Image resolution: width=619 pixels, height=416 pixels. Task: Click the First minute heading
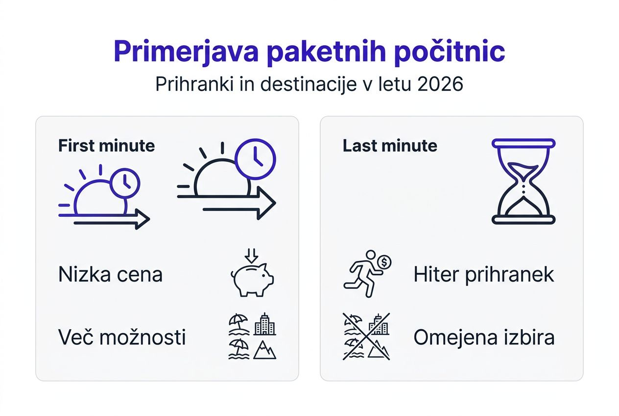tap(106, 146)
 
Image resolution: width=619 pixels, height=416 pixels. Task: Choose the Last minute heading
tap(390, 146)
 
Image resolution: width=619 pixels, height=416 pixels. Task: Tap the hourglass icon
tap(524, 181)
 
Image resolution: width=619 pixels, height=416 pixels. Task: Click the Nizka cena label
tap(110, 275)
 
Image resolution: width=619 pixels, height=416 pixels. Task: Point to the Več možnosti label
tap(122, 337)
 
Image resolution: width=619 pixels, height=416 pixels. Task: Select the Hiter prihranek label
tap(484, 275)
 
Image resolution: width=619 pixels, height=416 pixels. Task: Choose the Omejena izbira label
tap(484, 338)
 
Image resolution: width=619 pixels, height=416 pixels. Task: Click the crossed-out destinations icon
tap(366, 337)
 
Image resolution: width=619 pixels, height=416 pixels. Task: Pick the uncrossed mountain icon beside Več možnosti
tap(265, 350)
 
